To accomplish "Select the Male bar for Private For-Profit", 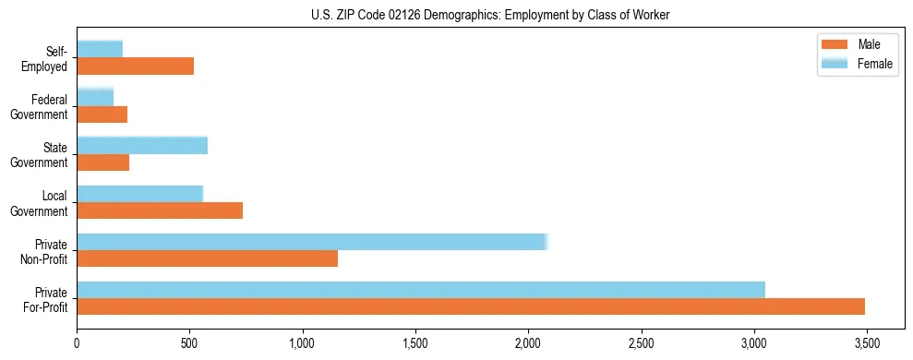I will pos(471,306).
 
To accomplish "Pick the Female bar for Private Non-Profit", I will pos(312,242).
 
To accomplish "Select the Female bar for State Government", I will pos(142,146).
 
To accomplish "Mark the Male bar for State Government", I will pos(102,162).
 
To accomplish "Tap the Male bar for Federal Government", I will pos(102,114).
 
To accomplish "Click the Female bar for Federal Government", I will pos(95,97).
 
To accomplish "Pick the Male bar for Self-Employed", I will pos(135,66).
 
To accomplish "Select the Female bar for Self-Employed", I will pos(100,49).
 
